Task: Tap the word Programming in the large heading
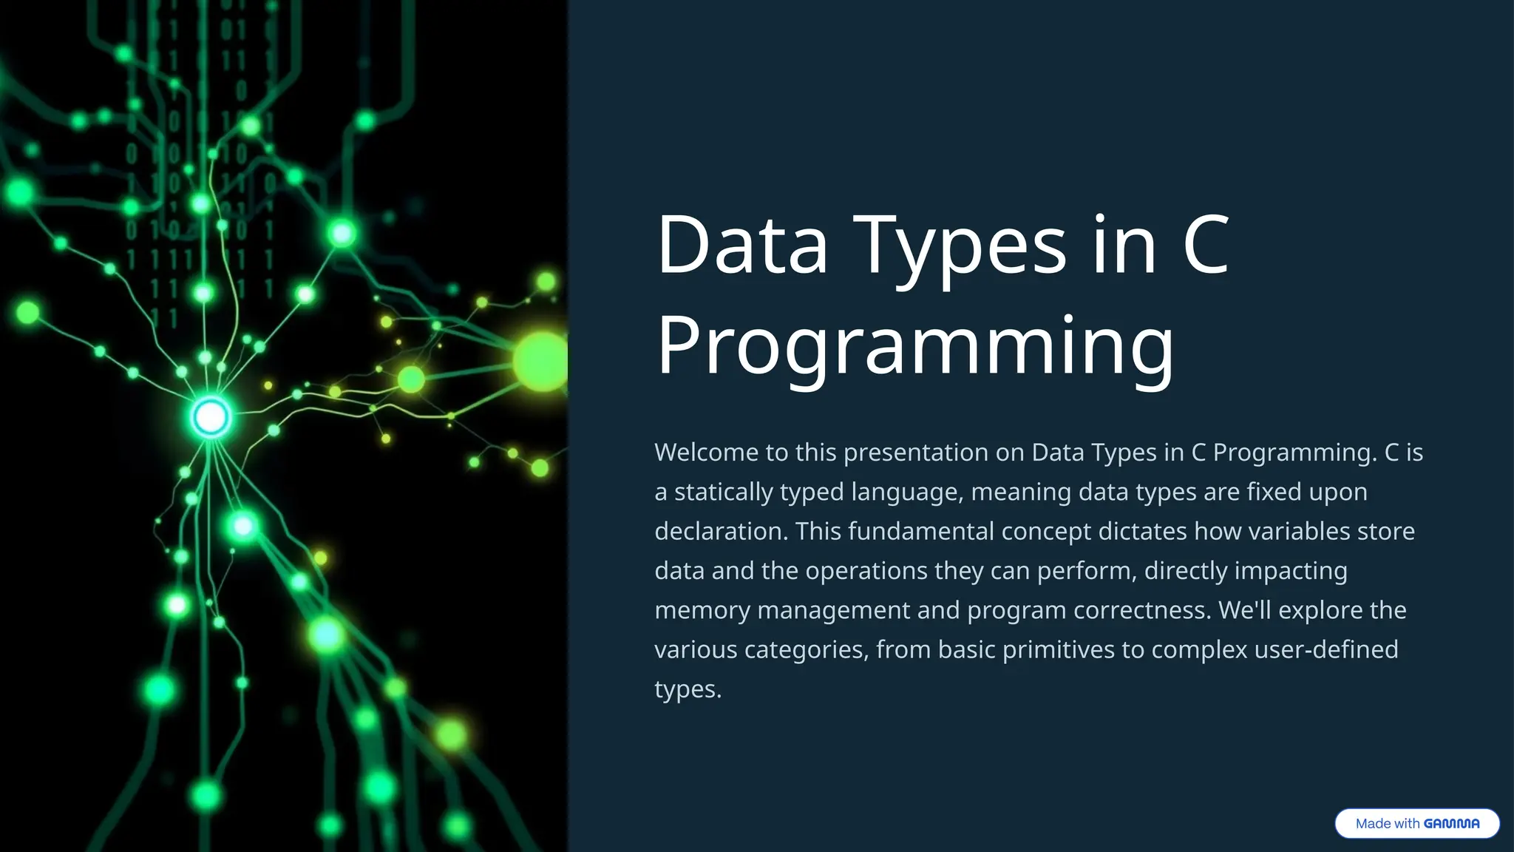[x=915, y=346]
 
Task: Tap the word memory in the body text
[x=702, y=611]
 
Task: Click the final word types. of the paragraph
[x=688, y=690]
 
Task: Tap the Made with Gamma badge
[x=1416, y=823]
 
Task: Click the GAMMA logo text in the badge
[x=1451, y=823]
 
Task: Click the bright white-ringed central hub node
[x=211, y=418]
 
